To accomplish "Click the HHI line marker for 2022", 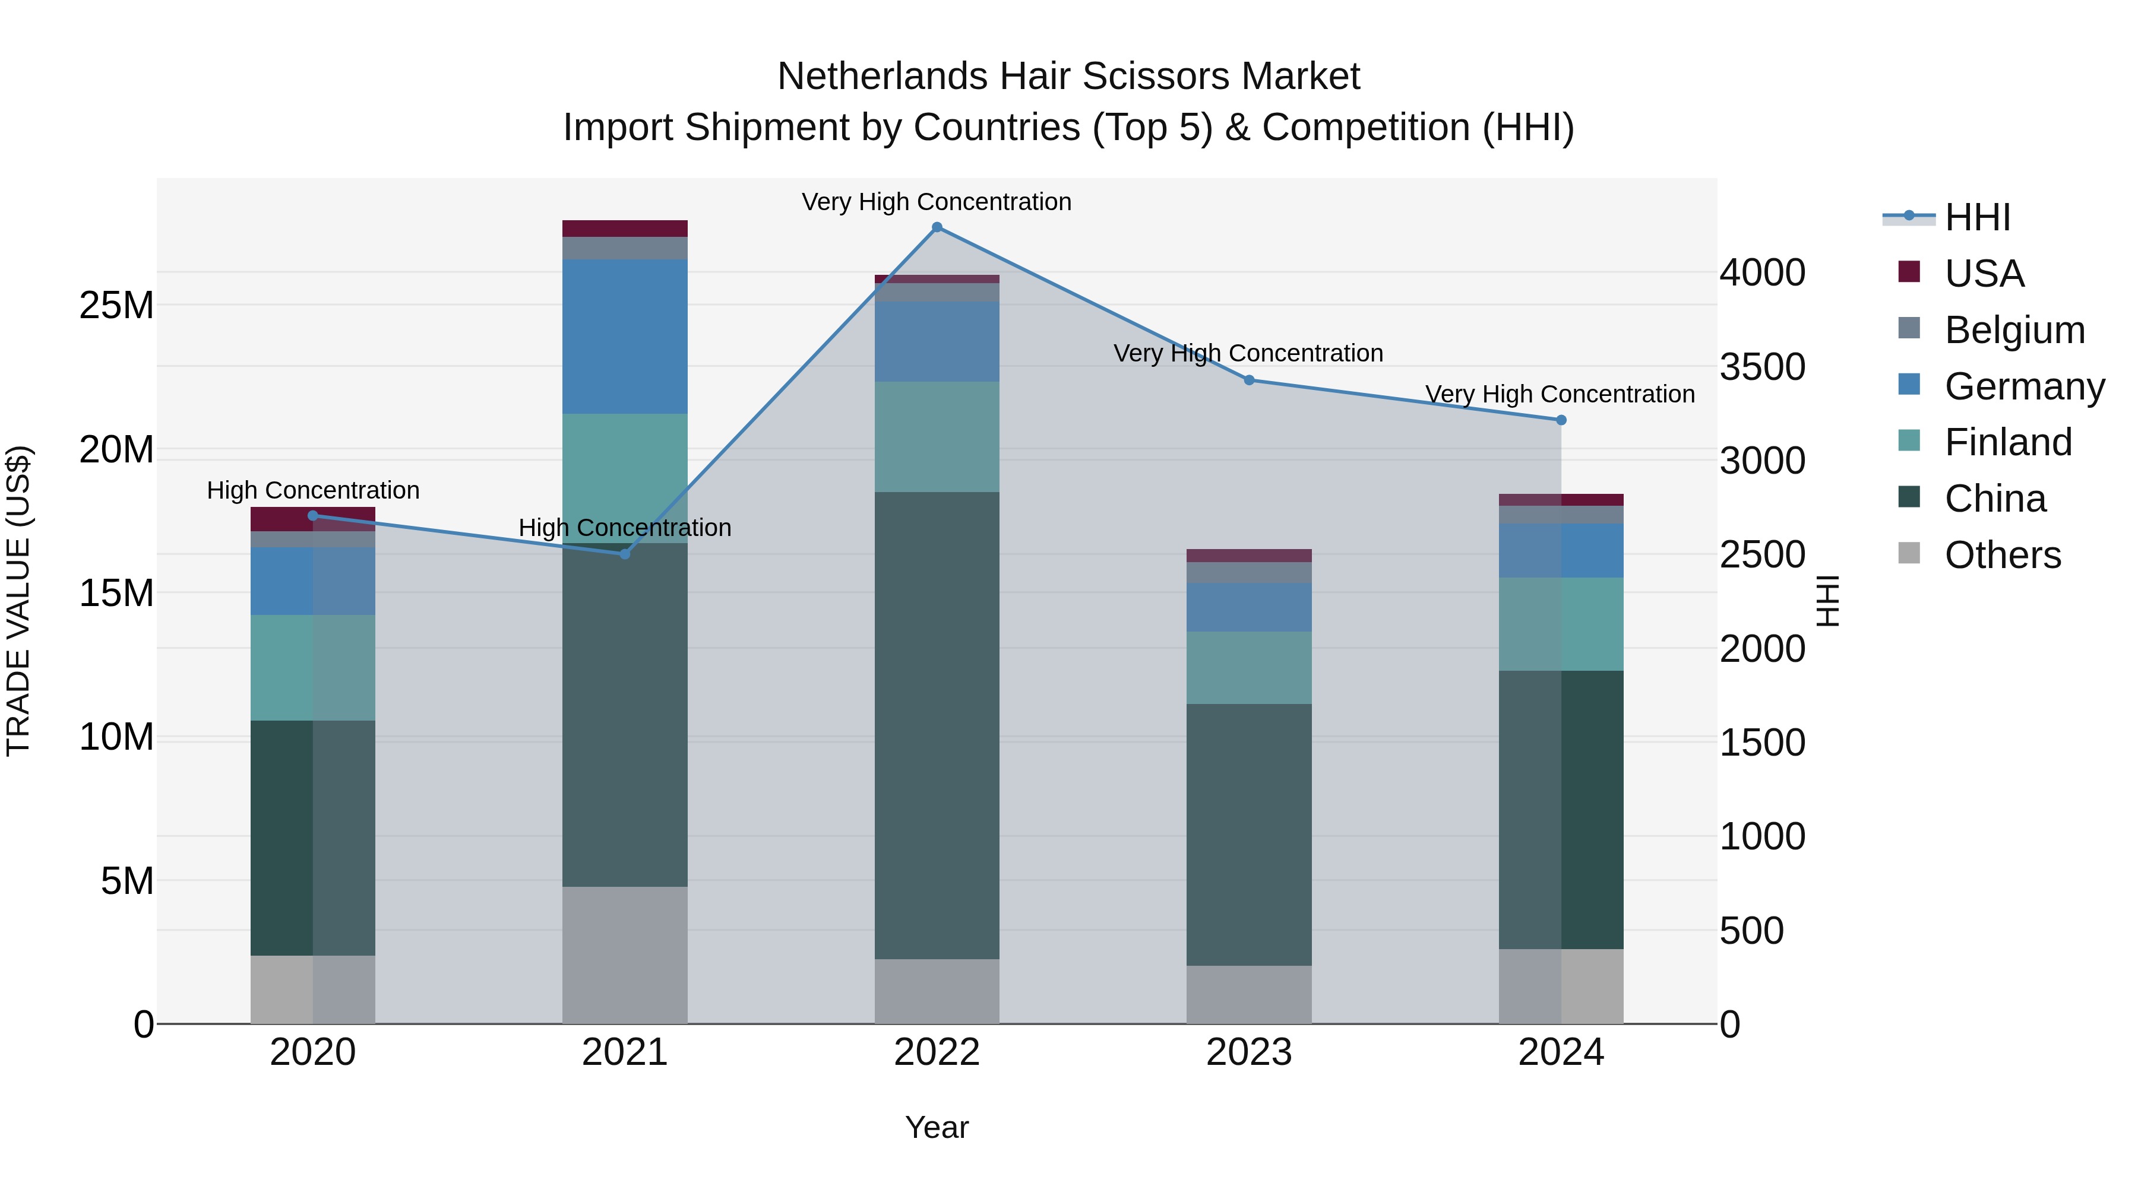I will [x=937, y=227].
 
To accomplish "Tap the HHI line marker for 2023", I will [x=1249, y=380].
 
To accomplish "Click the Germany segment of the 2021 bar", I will [x=625, y=336].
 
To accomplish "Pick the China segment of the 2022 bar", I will [x=937, y=726].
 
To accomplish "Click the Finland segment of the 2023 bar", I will [x=1249, y=668].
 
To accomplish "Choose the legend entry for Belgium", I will [x=2014, y=330].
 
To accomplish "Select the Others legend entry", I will [x=2002, y=555].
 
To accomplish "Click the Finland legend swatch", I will [x=1909, y=440].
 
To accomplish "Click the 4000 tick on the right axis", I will [x=1762, y=273].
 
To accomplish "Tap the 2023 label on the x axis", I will [x=1249, y=1052].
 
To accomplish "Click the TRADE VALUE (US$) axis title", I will [x=19, y=601].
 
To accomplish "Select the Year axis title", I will [x=937, y=1127].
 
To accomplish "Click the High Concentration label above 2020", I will [x=313, y=490].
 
